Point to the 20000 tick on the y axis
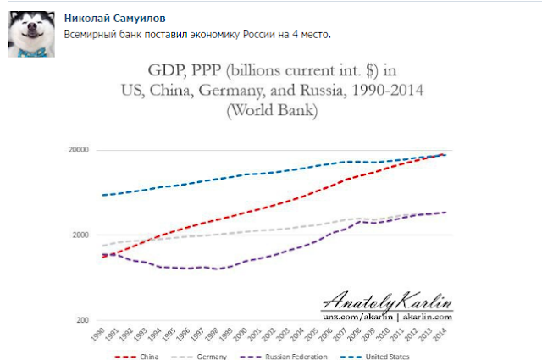[79, 150]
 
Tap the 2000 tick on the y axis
[81, 235]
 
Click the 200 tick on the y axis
[83, 320]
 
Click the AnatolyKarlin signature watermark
[388, 300]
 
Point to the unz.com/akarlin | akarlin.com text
[388, 315]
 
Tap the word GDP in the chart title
[167, 69]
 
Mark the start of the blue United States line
[102, 195]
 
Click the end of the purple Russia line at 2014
[445, 213]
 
